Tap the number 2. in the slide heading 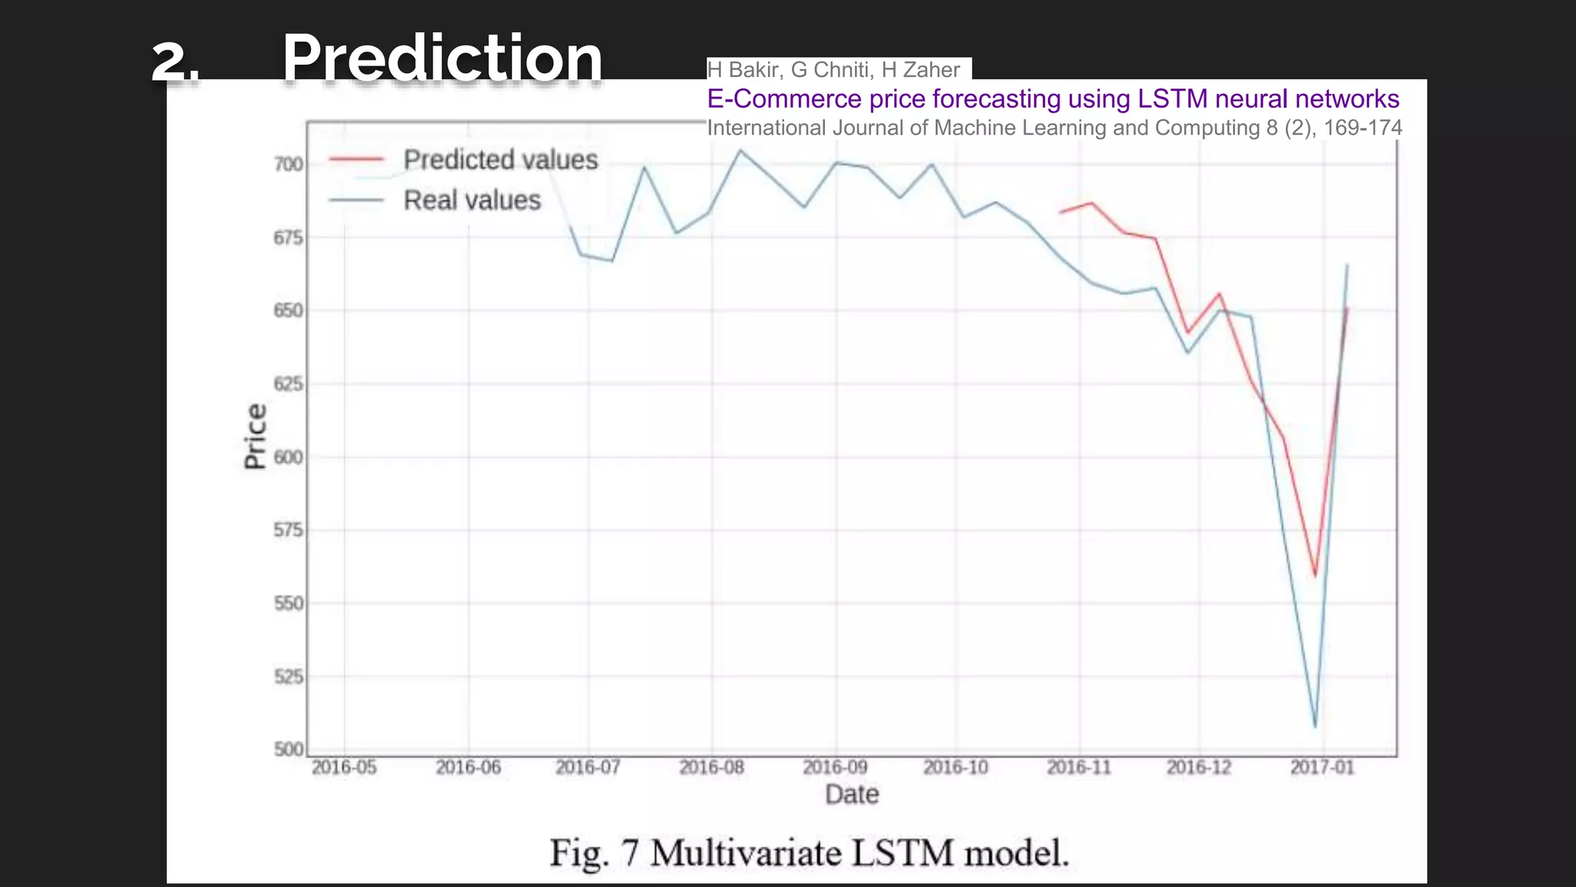pyautogui.click(x=175, y=62)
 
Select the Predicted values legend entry pyautogui.click(x=500, y=160)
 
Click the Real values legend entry pyautogui.click(x=472, y=200)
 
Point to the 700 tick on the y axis pyautogui.click(x=289, y=164)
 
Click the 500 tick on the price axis pyautogui.click(x=289, y=749)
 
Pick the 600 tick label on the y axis pyautogui.click(x=289, y=457)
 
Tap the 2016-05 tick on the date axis pyautogui.click(x=344, y=768)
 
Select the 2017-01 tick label pyautogui.click(x=1322, y=768)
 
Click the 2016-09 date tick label pyautogui.click(x=835, y=768)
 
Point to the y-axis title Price pyautogui.click(x=255, y=436)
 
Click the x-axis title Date pyautogui.click(x=851, y=795)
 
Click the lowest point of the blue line pyautogui.click(x=1315, y=726)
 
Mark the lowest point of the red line pyautogui.click(x=1315, y=576)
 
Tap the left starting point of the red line pyautogui.click(x=1060, y=213)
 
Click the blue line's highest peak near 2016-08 pyautogui.click(x=740, y=150)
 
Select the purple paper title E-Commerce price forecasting pyautogui.click(x=1052, y=99)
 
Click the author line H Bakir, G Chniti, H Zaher pyautogui.click(x=833, y=70)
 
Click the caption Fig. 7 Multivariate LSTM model pyautogui.click(x=809, y=853)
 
